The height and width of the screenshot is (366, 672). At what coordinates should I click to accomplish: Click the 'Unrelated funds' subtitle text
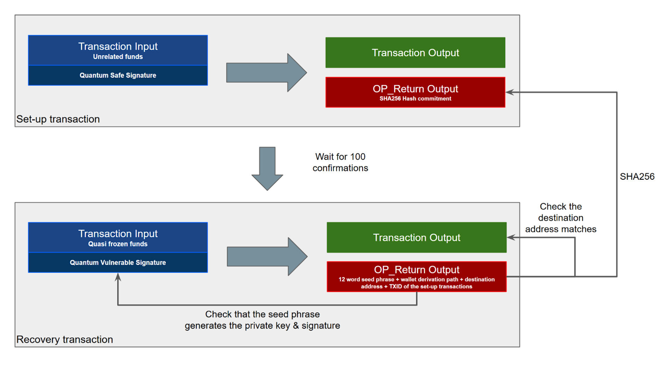[x=118, y=57]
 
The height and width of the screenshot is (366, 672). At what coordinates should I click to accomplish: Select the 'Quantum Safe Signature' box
[x=118, y=75]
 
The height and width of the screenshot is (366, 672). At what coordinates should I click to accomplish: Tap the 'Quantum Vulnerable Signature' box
[x=118, y=263]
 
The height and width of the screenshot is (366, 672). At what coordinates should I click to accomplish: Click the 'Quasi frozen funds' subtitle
[x=118, y=244]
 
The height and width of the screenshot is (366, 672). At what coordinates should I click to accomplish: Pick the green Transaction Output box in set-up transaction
[x=415, y=52]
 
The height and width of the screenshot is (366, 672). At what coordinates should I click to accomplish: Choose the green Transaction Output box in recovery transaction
[x=416, y=237]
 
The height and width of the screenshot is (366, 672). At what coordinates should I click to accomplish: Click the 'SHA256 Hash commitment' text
[x=415, y=99]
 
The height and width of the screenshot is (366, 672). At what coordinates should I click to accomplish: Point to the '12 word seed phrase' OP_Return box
[x=416, y=277]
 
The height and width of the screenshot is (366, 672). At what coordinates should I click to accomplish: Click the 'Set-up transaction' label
[x=58, y=119]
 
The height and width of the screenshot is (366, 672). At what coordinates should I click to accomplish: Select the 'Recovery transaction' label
[x=65, y=339]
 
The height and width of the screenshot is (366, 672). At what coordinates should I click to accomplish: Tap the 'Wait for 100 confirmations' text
[x=340, y=162]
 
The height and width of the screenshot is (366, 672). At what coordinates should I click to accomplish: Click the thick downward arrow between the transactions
[x=267, y=168]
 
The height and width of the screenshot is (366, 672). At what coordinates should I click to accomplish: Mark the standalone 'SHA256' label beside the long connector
[x=637, y=177]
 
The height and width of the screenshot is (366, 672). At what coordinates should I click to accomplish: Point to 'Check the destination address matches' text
[x=561, y=218]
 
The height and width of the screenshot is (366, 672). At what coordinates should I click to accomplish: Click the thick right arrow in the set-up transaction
[x=267, y=73]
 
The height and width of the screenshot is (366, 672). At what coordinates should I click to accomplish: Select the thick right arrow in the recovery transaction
[x=267, y=257]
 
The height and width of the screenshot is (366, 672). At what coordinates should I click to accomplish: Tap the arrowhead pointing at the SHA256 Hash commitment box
[x=510, y=92]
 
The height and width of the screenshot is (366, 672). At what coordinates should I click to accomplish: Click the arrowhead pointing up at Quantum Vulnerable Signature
[x=118, y=277]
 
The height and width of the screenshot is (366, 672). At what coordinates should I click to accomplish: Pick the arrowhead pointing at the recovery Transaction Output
[x=511, y=237]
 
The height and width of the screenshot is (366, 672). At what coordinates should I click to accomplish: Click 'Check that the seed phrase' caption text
[x=262, y=314]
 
